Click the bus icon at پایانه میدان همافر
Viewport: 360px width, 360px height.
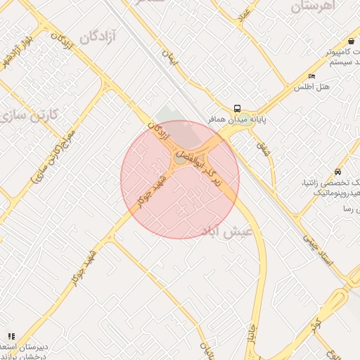238,108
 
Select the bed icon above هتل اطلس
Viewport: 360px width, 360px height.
311,76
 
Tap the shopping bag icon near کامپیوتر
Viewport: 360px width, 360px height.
350,41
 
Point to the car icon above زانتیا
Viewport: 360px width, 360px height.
338,172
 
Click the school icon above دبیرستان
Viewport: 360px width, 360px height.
11,336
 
